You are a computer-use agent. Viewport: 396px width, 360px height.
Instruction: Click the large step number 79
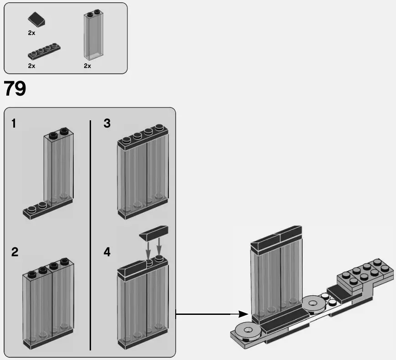click(15, 89)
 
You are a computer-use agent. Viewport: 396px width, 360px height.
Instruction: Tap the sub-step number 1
click(14, 123)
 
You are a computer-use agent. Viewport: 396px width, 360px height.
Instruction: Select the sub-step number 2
click(15, 252)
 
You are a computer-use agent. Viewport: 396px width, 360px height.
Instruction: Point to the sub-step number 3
click(107, 123)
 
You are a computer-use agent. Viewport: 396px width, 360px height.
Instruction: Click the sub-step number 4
click(107, 252)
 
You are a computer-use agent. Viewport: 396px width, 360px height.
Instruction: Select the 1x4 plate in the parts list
click(44, 51)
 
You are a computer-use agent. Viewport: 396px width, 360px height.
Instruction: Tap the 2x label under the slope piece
click(31, 33)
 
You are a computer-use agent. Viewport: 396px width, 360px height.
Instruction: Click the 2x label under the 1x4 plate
click(31, 66)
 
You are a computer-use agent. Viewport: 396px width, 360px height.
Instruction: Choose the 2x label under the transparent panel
click(87, 66)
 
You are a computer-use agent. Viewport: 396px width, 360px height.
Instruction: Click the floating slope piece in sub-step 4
click(154, 234)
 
